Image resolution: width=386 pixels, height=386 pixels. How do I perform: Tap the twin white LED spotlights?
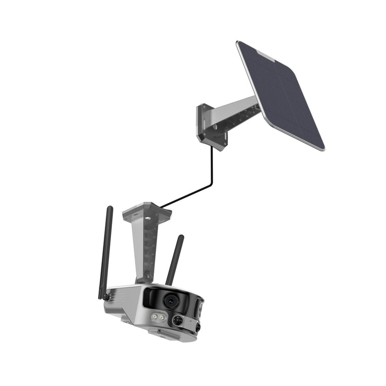point(158,317)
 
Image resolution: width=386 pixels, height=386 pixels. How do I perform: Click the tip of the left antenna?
point(110,208)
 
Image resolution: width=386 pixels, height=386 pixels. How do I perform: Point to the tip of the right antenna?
point(181,237)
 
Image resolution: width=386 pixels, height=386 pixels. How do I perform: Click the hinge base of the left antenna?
point(103,296)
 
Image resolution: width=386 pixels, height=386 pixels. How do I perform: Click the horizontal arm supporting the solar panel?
point(236,113)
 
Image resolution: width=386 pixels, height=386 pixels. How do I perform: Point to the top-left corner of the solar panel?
point(239,43)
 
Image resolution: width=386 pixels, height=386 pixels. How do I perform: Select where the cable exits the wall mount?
point(211,147)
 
